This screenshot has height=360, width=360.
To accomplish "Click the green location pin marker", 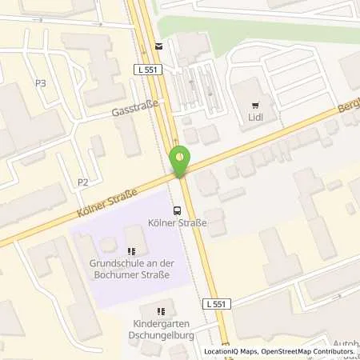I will point(180,161).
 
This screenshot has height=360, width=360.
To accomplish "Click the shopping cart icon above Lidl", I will point(256,103).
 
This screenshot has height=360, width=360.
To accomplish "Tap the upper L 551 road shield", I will point(148,71).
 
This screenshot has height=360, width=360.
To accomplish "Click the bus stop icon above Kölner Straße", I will point(177,210).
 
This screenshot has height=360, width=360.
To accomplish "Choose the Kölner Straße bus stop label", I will point(178,223).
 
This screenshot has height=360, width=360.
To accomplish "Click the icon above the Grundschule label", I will point(132,251).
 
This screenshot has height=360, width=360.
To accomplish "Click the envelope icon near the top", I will point(158,46).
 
